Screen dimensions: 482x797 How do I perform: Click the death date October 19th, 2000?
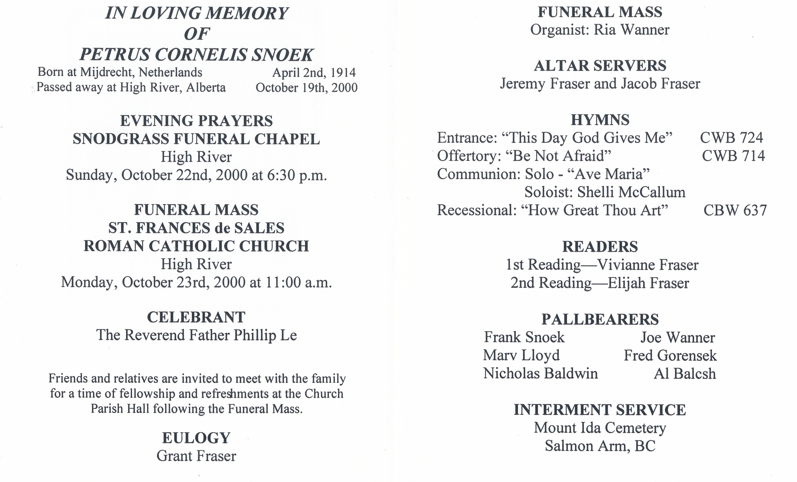click(x=306, y=88)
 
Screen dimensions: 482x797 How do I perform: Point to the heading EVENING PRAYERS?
click(x=196, y=121)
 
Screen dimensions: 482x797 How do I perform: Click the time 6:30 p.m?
click(x=297, y=175)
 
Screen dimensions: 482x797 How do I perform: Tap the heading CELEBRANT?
click(x=196, y=317)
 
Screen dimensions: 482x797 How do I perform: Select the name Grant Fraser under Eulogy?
click(x=196, y=456)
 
